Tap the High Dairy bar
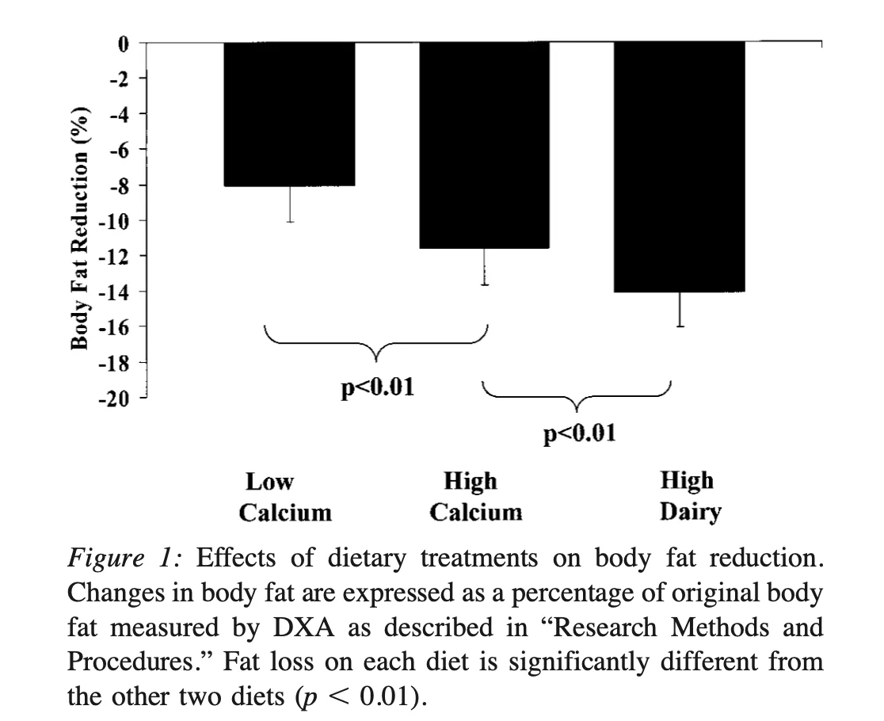click(679, 166)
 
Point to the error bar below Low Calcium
click(290, 204)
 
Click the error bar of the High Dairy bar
click(680, 310)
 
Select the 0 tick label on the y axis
click(123, 44)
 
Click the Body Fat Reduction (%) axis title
click(79, 227)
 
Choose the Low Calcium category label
click(285, 497)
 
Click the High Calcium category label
click(475, 497)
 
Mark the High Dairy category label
click(690, 497)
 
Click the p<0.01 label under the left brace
click(377, 388)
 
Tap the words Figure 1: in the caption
click(127, 559)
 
